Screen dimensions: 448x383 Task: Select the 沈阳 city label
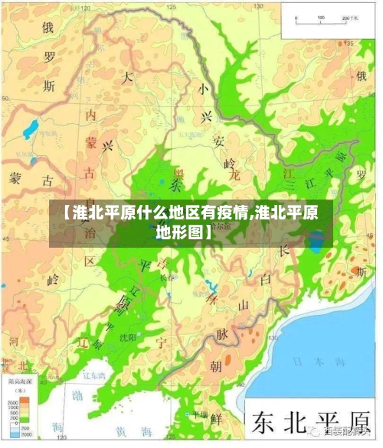pos(126,336)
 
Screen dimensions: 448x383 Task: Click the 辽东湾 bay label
pos(95,375)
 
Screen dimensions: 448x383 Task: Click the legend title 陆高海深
pos(19,380)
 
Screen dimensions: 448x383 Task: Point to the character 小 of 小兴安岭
pos(202,89)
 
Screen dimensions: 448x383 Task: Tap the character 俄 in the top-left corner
pos(48,28)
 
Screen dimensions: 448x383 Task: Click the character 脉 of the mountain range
pos(222,334)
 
